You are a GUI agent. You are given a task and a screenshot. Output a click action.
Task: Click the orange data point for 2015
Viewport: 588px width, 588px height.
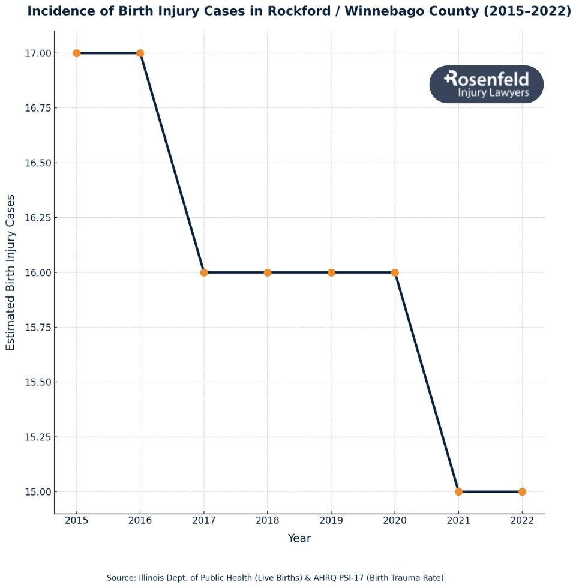click(x=77, y=53)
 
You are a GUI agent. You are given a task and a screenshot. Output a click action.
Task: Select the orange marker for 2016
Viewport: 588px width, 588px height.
click(x=140, y=53)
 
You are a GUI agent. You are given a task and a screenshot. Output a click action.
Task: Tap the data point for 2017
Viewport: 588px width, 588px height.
click(x=204, y=272)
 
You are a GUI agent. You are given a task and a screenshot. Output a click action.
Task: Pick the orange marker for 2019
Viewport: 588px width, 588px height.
click(x=331, y=272)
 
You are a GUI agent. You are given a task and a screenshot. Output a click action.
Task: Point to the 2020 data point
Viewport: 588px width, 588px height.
click(x=395, y=272)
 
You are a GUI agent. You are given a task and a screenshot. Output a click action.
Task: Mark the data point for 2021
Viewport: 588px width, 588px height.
click(x=458, y=491)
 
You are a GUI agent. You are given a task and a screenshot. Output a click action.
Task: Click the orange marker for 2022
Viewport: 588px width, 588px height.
click(x=522, y=491)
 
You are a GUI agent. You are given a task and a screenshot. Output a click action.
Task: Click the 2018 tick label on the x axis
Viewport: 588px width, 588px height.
click(x=268, y=520)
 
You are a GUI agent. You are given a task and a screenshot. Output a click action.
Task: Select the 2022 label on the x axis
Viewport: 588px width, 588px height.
click(x=522, y=520)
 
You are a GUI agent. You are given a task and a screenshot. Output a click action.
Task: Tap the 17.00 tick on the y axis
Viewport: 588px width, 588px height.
click(x=37, y=53)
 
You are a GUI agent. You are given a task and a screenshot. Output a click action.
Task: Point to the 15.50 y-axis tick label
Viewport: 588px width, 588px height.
click(x=37, y=382)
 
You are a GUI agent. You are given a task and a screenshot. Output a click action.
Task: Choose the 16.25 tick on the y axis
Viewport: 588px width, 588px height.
click(x=37, y=218)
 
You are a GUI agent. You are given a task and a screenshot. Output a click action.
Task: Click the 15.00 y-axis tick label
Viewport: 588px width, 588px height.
click(x=37, y=492)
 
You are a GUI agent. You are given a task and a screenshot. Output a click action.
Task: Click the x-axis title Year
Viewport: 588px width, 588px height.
click(x=299, y=538)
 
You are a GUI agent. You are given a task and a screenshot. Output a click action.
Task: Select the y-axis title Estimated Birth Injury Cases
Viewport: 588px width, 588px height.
click(x=11, y=272)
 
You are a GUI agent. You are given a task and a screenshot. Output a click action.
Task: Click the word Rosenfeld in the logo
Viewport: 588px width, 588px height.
click(x=487, y=79)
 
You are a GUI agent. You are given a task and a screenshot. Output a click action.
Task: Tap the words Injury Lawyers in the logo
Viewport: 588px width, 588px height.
click(x=493, y=92)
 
